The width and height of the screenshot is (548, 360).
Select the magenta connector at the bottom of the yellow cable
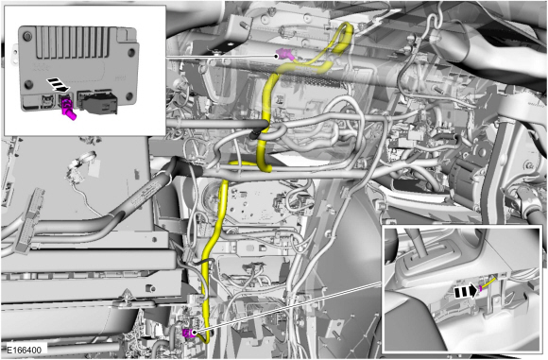[189, 332]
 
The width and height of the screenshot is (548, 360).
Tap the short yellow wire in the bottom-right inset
[488, 283]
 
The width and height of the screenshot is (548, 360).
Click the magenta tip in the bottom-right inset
[481, 286]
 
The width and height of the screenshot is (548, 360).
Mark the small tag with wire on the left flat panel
[75, 174]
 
